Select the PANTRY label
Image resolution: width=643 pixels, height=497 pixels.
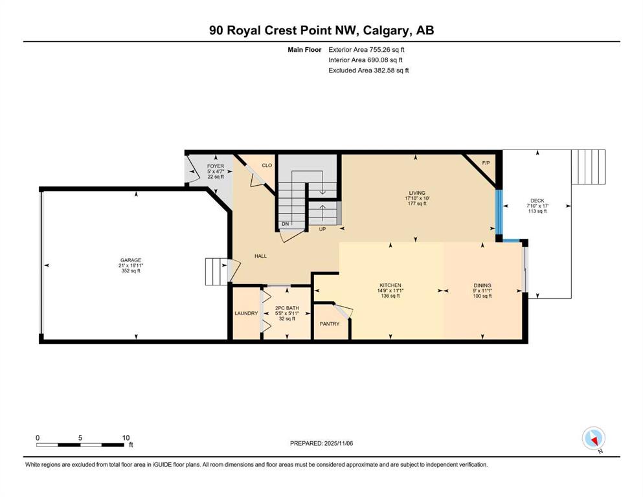(x=329, y=324)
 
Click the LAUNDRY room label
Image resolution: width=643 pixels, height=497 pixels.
(x=246, y=313)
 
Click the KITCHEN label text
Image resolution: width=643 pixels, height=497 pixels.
(x=390, y=285)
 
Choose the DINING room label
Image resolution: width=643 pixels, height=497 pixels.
(x=482, y=285)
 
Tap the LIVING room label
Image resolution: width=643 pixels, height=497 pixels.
(x=416, y=192)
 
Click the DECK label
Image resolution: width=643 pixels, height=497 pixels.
(x=537, y=201)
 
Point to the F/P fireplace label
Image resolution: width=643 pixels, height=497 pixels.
(x=487, y=162)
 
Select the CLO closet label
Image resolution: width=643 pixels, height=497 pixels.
(x=266, y=166)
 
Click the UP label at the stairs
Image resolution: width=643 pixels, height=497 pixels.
(x=322, y=229)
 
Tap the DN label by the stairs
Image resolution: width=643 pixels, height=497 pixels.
(x=284, y=224)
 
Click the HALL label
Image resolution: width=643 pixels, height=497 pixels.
(x=260, y=256)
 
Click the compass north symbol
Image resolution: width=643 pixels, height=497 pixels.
(x=594, y=438)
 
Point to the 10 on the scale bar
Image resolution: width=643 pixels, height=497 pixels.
(x=126, y=437)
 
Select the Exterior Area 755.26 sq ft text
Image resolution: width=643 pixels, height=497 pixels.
(x=368, y=49)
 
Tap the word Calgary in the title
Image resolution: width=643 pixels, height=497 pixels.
(x=384, y=30)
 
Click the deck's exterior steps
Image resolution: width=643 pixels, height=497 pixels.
(x=588, y=167)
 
